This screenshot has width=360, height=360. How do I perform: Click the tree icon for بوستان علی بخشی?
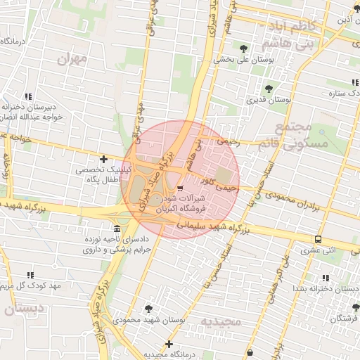(x=243, y=49)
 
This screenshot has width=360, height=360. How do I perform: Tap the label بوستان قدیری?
(x=269, y=101)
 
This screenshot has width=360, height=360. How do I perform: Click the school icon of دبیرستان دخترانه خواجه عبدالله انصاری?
(x=29, y=96)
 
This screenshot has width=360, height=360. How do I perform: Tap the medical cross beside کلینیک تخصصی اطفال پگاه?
(x=104, y=160)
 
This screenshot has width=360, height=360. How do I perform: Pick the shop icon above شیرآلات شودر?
(x=181, y=188)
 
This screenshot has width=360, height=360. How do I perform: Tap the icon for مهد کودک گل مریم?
(x=30, y=275)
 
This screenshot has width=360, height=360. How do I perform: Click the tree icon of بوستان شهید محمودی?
(x=148, y=308)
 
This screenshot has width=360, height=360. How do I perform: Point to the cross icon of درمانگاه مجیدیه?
(x=169, y=344)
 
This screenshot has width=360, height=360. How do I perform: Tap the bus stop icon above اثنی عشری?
(x=319, y=239)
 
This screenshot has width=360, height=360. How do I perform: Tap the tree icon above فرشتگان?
(x=356, y=307)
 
